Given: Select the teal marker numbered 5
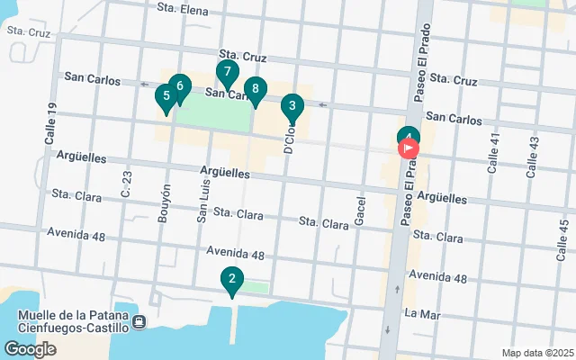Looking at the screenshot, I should pos(166,96).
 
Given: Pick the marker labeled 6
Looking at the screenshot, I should pos(179,87).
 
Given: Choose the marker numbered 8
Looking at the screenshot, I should pos(256,89).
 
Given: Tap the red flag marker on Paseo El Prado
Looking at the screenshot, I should pos(409,148).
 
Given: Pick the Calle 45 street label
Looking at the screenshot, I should pos(563,236).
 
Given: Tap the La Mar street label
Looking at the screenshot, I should pos(421,313).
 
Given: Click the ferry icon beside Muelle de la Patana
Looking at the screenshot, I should pos(139,322).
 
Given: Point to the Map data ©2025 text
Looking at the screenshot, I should pos(536,353).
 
